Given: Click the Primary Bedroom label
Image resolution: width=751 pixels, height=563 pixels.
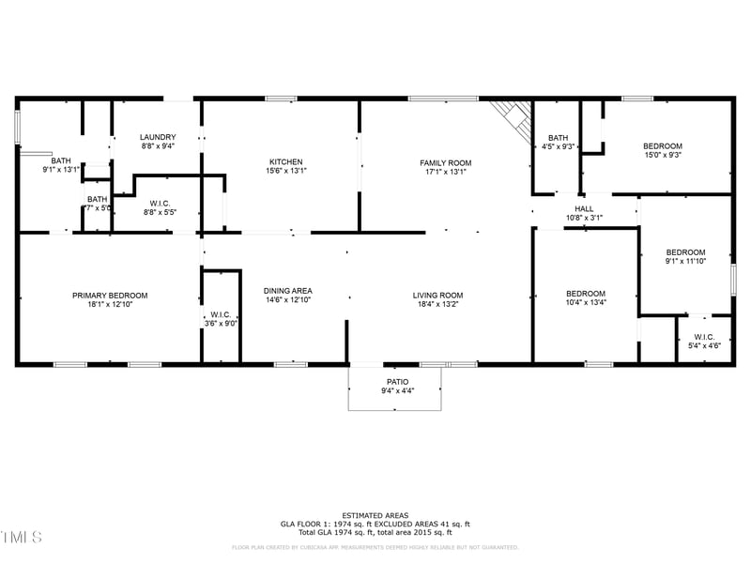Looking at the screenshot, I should (x=110, y=296).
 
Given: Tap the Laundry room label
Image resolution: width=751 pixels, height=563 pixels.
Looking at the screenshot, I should (x=158, y=137).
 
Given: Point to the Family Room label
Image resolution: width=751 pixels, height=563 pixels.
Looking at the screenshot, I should (x=445, y=163).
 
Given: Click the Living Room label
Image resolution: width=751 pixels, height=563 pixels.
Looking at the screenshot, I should (x=438, y=296).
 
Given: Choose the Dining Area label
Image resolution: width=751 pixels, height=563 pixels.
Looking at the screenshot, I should (x=287, y=291).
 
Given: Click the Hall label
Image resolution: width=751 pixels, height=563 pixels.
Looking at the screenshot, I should (x=584, y=209).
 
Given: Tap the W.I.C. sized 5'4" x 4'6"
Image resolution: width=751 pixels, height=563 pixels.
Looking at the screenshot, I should (x=704, y=342).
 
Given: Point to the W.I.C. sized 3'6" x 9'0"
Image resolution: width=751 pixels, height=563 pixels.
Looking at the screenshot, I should (x=221, y=319).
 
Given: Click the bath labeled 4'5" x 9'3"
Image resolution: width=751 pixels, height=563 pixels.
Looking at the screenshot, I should (x=559, y=142).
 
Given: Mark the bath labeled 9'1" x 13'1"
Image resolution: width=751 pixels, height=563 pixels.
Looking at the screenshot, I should (x=60, y=165).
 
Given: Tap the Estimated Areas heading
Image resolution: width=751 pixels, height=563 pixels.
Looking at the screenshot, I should (x=375, y=515).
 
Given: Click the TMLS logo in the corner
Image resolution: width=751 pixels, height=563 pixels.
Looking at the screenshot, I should (x=21, y=538).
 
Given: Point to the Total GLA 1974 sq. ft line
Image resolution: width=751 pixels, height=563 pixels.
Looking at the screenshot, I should (x=375, y=532).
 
